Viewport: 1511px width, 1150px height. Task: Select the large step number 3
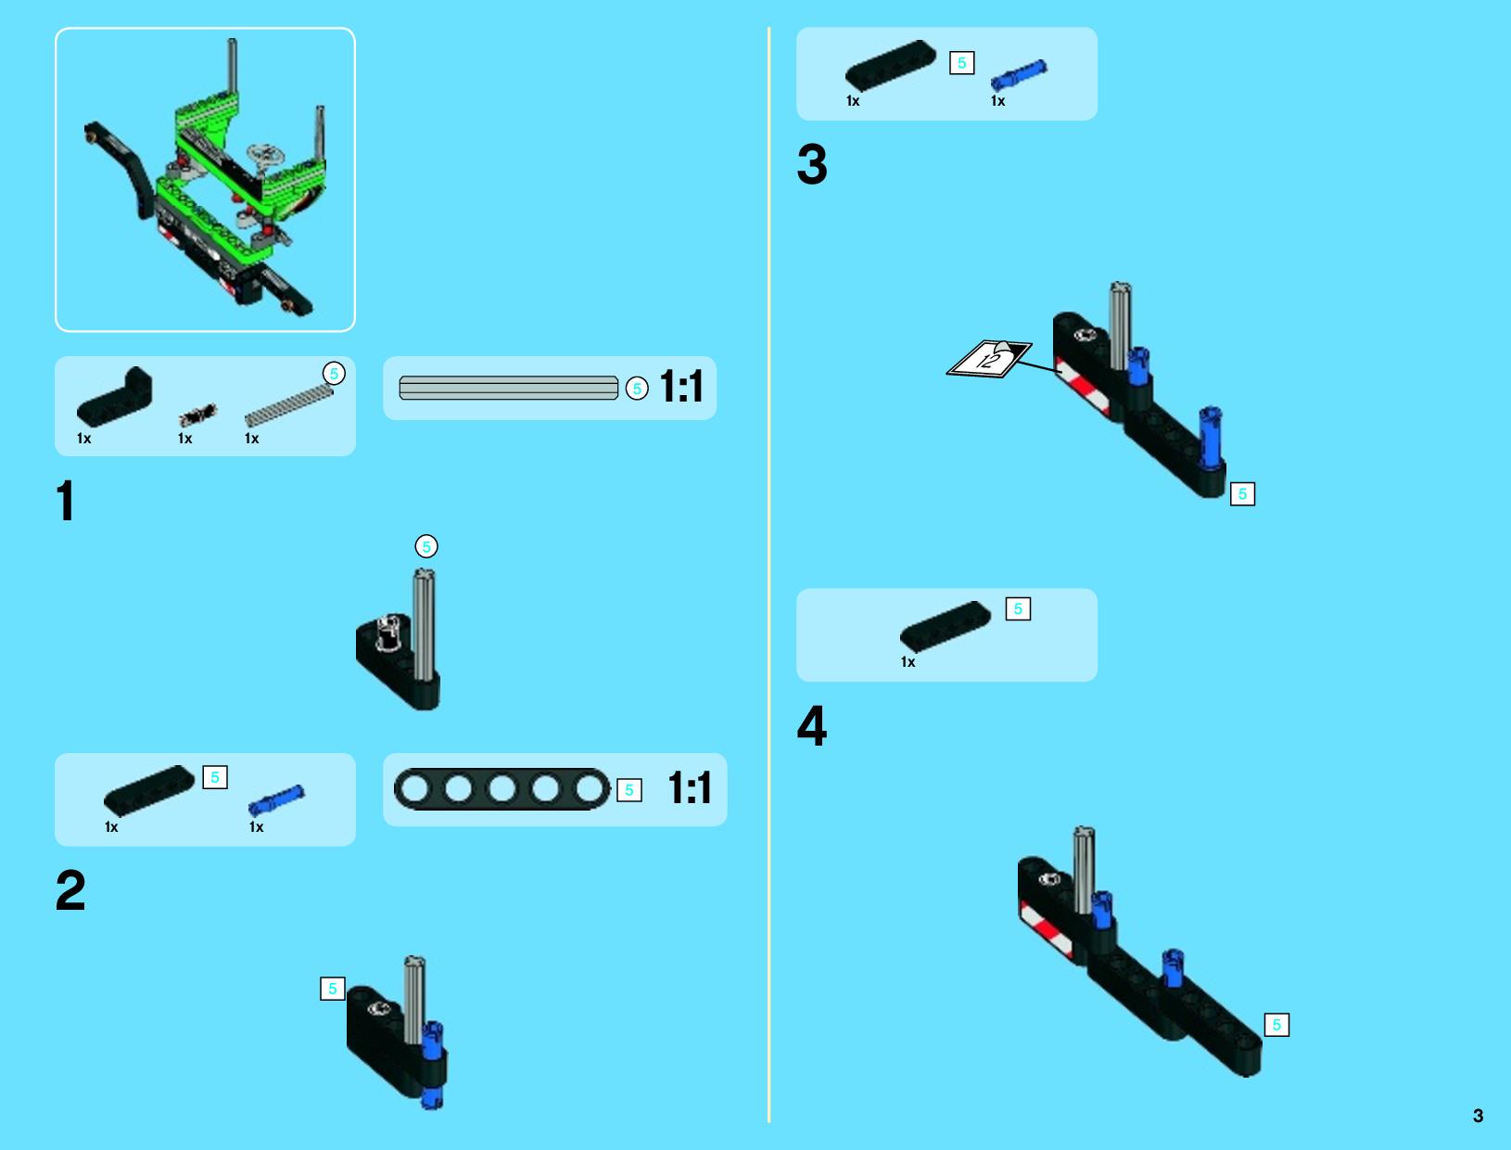point(812,164)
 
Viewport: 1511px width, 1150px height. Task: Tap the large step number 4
point(812,726)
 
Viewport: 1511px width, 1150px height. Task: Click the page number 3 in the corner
point(1478,1116)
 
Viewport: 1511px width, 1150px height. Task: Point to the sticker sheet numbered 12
point(989,358)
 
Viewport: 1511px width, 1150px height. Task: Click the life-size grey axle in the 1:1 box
point(509,388)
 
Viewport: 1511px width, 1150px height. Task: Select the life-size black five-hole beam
point(502,789)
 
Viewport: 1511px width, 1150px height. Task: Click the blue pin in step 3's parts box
point(1019,74)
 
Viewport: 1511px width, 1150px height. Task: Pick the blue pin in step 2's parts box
point(276,800)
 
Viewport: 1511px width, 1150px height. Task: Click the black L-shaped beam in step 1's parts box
point(115,396)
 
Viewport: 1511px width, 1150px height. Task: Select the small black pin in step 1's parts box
point(198,415)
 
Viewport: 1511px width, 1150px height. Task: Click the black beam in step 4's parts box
point(946,626)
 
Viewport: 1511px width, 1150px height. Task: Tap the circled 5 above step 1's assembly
point(426,547)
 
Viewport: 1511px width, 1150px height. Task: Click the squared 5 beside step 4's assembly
point(1277,1025)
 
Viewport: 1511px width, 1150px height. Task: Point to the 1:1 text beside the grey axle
point(681,387)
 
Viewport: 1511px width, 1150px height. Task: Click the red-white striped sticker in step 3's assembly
point(1083,388)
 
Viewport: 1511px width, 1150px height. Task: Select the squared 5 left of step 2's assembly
point(333,989)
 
